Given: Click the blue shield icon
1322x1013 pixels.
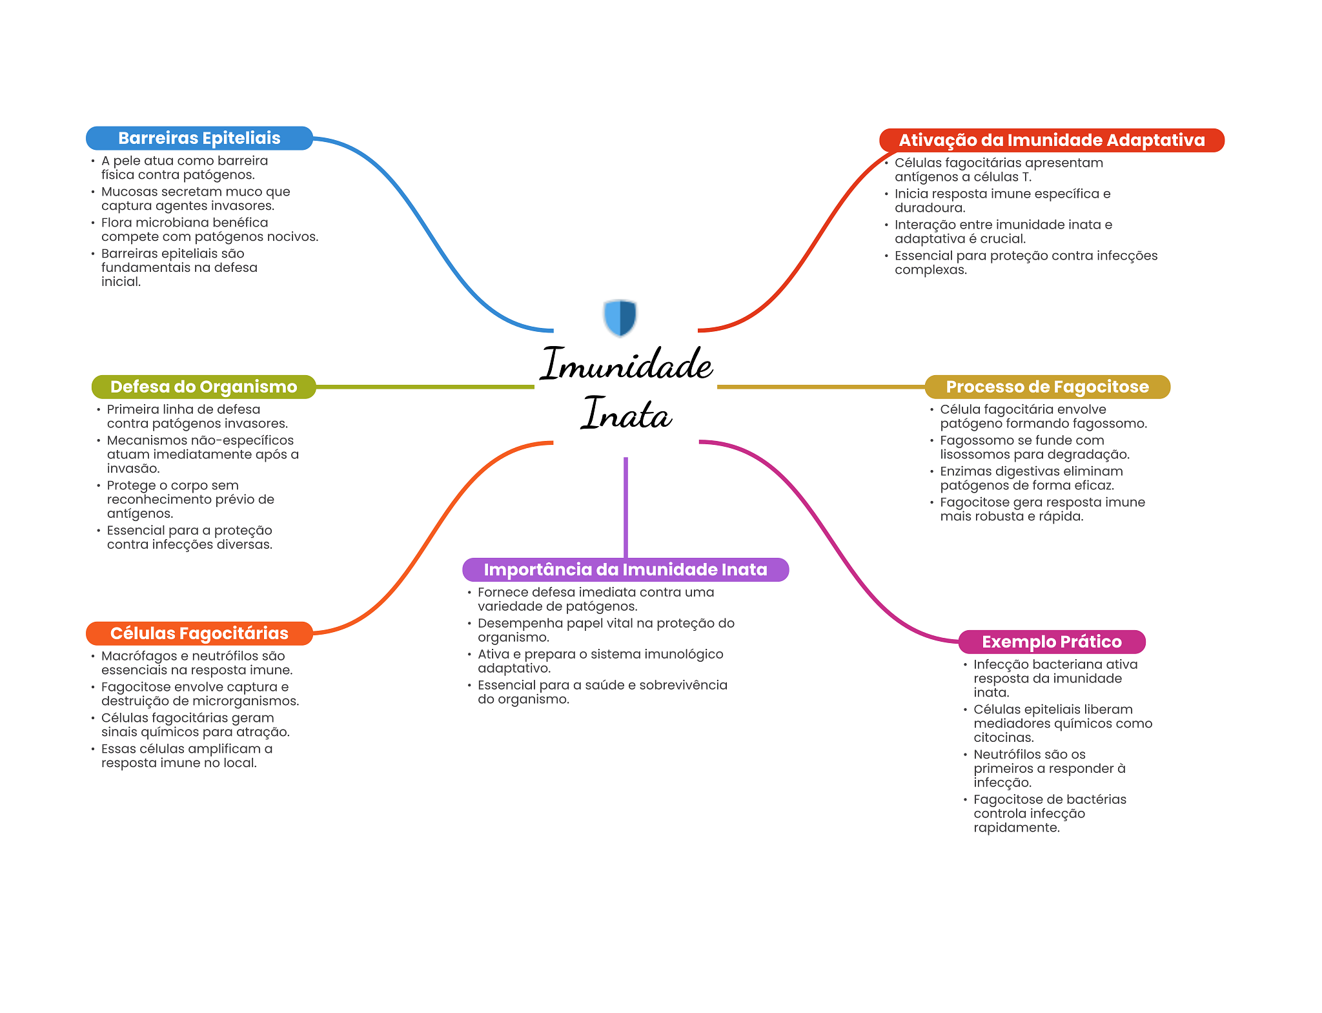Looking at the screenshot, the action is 620,317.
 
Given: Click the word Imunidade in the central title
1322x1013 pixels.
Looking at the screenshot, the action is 625,364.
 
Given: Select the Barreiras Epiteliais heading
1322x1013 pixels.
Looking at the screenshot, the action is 199,138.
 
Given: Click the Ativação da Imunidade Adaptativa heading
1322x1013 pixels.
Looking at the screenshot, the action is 1051,140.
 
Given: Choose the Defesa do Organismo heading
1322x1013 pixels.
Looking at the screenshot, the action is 203,387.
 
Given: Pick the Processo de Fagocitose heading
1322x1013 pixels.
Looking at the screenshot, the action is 1047,387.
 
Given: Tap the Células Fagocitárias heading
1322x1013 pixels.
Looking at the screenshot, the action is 199,633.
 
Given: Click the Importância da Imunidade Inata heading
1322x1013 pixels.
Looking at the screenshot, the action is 625,569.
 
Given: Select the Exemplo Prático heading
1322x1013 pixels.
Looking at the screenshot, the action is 1052,642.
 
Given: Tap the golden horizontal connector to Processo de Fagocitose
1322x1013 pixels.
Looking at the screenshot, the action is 820,387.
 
